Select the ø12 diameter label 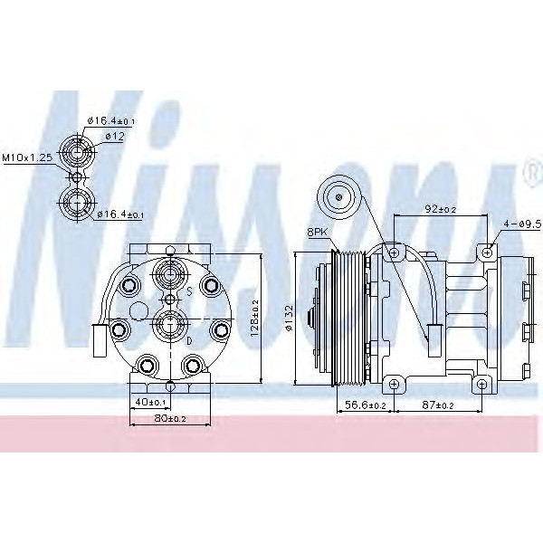click(114, 137)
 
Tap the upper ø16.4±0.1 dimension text click(111, 121)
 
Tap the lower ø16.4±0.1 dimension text click(119, 214)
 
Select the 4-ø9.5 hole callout click(521, 221)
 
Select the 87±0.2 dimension click(438, 406)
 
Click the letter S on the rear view click(188, 292)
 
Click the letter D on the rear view click(188, 341)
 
